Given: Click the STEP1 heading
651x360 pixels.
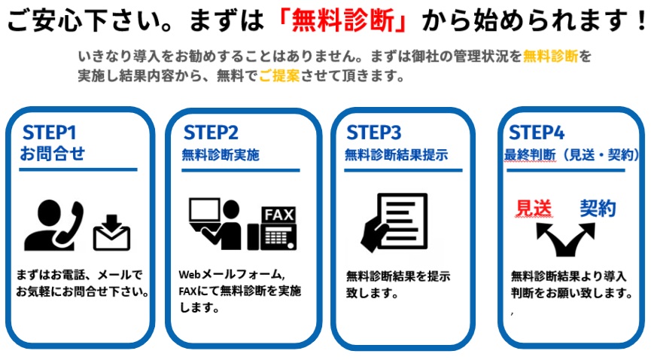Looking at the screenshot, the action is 50,133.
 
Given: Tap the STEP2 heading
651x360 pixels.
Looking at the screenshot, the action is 211,133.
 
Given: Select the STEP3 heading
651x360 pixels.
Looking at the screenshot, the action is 373,133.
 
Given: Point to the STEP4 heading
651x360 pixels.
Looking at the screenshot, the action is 537,133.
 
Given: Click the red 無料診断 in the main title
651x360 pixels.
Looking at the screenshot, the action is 343,20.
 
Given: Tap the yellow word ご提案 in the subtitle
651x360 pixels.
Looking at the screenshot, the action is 279,75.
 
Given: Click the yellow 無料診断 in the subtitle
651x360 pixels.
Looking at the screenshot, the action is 550,56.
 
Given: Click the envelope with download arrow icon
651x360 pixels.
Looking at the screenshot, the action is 111,233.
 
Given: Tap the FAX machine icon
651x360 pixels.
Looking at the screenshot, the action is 272,228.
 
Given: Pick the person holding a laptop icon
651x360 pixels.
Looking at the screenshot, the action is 215,224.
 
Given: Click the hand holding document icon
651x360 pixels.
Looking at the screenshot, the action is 394,222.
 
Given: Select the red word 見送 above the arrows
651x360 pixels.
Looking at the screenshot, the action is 534,209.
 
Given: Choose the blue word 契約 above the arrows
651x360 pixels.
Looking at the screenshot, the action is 598,209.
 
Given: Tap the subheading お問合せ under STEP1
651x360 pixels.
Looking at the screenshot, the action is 53,154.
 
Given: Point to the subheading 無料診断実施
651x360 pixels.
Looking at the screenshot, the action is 221,155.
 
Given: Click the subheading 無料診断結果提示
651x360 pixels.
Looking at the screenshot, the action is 397,155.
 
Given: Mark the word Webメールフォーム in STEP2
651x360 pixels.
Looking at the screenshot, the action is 232,274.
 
